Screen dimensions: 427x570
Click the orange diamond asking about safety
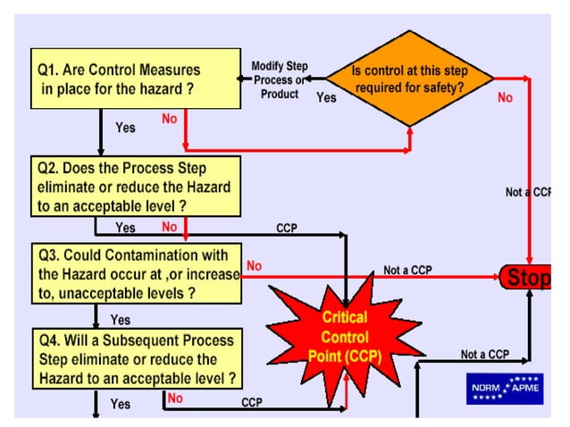coord(410,80)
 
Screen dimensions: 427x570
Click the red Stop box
coord(527,278)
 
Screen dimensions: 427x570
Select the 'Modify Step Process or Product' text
coord(280,80)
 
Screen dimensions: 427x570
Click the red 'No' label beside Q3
coord(255,265)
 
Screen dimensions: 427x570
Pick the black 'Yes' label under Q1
coord(126,128)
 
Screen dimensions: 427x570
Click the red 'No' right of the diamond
coord(505,98)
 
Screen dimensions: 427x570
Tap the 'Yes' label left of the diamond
coord(326,97)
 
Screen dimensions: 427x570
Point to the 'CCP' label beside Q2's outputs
coord(286,228)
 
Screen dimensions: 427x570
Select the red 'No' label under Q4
coord(175,398)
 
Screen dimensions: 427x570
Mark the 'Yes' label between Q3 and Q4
coord(120,319)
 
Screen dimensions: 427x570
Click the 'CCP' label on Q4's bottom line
coord(252,403)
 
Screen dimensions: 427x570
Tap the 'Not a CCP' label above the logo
coord(484,355)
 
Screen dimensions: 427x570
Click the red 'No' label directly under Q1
coord(169,118)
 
